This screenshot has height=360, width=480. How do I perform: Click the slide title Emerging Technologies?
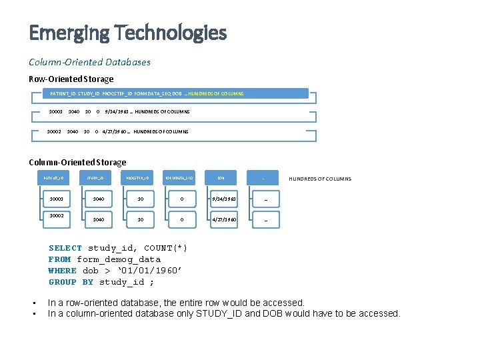pyautogui.click(x=127, y=32)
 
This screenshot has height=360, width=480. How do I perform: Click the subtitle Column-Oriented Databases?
pyautogui.click(x=89, y=62)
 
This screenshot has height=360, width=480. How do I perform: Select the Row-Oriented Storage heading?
pyautogui.click(x=71, y=79)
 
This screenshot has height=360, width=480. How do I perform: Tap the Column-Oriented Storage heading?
pyautogui.click(x=77, y=162)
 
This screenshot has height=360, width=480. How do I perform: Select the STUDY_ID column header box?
pyautogui.click(x=98, y=179)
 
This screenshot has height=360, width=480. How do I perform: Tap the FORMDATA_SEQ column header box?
pyautogui.click(x=180, y=179)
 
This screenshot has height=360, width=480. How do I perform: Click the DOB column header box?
pyautogui.click(x=221, y=179)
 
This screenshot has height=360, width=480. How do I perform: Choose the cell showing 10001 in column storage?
pyautogui.click(x=56, y=199)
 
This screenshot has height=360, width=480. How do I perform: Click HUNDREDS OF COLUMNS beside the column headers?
pyautogui.click(x=319, y=179)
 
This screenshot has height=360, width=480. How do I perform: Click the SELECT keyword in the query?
pyautogui.click(x=65, y=248)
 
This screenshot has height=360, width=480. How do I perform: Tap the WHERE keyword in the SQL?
pyautogui.click(x=63, y=271)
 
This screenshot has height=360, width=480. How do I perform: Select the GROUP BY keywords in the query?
pyautogui.click(x=71, y=282)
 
